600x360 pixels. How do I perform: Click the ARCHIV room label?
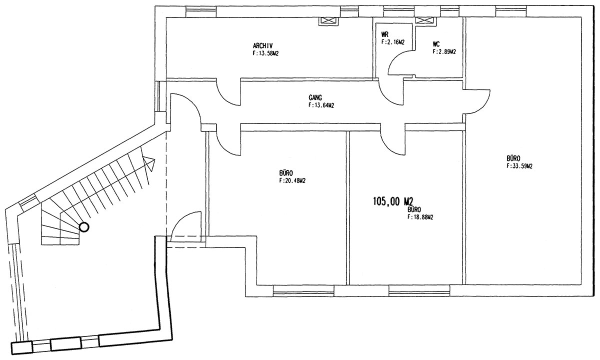[263, 46]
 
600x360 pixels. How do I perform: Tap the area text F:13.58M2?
[265, 53]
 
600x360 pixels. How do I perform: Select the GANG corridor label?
[315, 97]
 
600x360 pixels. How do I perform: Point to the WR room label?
[385, 34]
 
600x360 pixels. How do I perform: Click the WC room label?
[436, 44]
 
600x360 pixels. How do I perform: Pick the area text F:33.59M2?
[519, 166]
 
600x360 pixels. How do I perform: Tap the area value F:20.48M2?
[292, 181]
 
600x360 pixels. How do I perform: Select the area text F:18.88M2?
[420, 217]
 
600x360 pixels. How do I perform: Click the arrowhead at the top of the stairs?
[149, 163]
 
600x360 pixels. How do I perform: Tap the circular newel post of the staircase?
[84, 227]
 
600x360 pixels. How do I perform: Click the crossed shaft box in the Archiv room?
[327, 21]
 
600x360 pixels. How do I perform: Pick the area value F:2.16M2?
[392, 42]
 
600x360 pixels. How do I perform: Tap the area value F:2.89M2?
[444, 51]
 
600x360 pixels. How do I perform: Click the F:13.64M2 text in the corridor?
[321, 105]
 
